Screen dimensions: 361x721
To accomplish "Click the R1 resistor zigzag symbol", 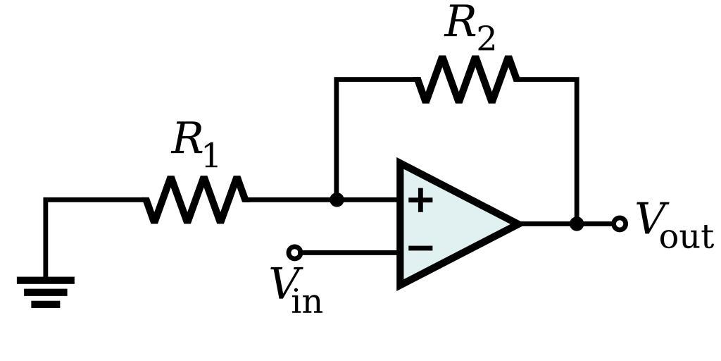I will [x=196, y=200].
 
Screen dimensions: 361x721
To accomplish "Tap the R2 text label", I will [x=470, y=27].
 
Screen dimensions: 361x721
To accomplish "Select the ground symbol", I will [x=46, y=291].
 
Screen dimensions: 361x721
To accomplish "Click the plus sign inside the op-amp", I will [x=420, y=200].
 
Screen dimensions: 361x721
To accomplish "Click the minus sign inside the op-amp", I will [x=420, y=248].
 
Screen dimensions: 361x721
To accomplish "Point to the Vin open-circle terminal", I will [x=294, y=252].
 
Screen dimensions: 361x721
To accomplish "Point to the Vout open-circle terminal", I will [x=620, y=224].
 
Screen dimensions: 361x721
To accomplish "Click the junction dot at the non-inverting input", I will [x=337, y=200].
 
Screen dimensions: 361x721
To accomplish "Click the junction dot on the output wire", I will [x=577, y=224].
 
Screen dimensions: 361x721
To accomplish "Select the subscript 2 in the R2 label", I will [x=485, y=39].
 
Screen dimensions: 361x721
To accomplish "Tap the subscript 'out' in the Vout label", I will [x=686, y=236].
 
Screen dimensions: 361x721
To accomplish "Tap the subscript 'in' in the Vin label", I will [x=307, y=301].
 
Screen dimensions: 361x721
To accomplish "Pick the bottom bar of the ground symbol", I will [x=46, y=305].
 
